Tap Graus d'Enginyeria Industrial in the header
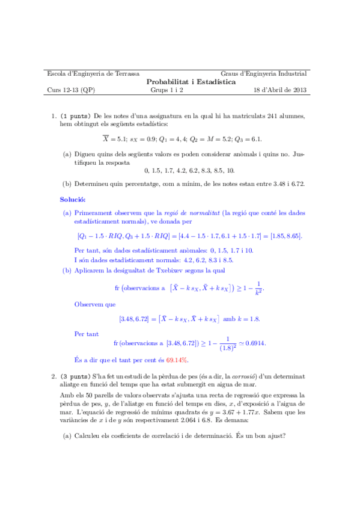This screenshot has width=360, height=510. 264,73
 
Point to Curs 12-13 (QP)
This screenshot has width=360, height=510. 70,90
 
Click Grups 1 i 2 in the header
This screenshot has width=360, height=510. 166,90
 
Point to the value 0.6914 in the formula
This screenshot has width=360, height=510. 253,343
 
